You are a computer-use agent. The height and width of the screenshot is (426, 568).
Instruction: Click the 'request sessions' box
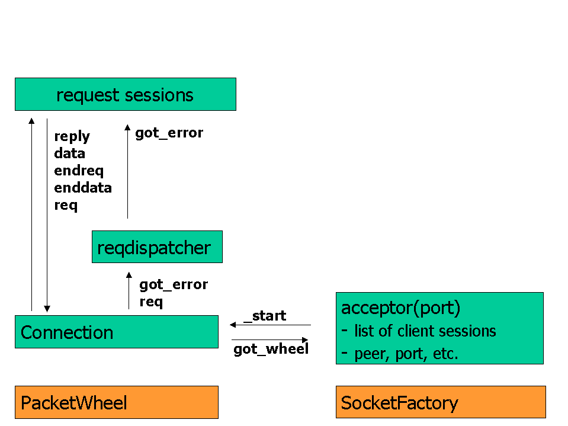pos(126,94)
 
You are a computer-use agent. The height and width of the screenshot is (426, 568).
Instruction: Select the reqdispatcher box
pos(157,246)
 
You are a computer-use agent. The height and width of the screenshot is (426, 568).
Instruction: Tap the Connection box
pos(117,332)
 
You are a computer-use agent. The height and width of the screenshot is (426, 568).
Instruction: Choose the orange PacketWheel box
pos(117,402)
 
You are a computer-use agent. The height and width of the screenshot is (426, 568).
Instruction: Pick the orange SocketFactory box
pos(441,402)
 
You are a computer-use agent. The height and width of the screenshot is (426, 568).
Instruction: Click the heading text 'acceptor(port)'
pos(400,308)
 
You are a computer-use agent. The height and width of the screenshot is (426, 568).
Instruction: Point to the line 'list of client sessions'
pos(425,331)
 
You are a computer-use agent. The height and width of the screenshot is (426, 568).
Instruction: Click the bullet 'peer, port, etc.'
pos(406,354)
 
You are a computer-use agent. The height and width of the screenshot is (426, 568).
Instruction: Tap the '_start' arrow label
pos(265,316)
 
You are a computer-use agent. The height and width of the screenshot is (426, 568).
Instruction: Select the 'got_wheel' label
pos(271,349)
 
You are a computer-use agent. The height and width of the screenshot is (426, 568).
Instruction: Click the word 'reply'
pos(72,137)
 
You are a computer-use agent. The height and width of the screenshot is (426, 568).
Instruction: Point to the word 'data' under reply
pos(69,153)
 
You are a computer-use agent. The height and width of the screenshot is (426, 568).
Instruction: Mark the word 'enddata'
pos(83,188)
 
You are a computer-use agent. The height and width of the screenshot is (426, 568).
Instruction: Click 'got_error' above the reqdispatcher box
pos(169,133)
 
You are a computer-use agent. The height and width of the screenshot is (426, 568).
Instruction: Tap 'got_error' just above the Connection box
pos(174,285)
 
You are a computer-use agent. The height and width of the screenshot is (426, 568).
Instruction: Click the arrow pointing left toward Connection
pos(270,325)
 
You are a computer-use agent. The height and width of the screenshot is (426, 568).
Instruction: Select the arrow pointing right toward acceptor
pos(270,339)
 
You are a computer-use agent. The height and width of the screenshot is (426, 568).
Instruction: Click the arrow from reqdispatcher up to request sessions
pos(127,171)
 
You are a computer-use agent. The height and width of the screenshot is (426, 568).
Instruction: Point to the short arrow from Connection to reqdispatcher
pos(129,290)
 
